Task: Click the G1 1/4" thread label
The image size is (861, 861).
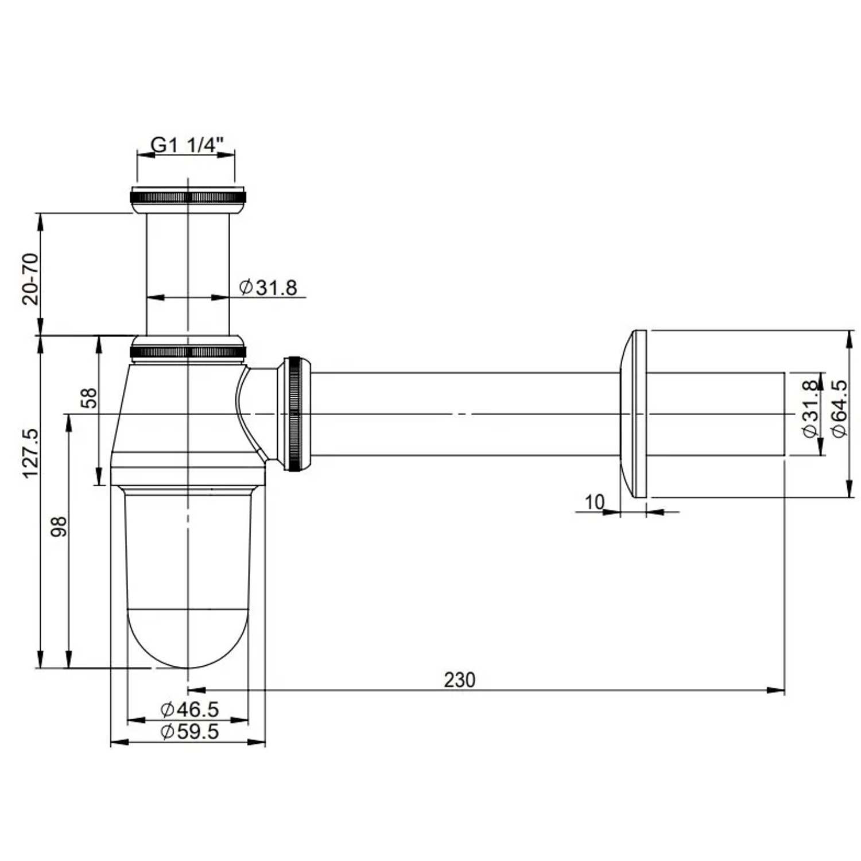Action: [x=185, y=145]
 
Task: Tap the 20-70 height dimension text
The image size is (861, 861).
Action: [x=30, y=279]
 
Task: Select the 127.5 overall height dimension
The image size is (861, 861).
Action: [x=30, y=453]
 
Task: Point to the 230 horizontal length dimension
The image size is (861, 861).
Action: [x=460, y=680]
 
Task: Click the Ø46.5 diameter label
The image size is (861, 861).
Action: [x=190, y=709]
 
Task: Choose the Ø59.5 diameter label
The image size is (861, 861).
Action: [x=190, y=732]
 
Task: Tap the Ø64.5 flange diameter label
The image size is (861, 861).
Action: [x=839, y=408]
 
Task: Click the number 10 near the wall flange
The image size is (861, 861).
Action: [x=595, y=502]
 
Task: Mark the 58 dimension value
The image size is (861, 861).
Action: [x=90, y=398]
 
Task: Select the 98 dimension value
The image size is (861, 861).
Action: [x=59, y=526]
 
